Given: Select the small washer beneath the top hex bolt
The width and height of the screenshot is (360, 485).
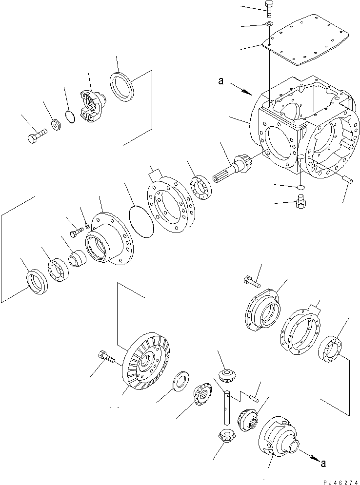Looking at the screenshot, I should coord(269,24).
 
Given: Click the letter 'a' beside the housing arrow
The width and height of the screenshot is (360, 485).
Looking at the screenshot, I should coord(221,82).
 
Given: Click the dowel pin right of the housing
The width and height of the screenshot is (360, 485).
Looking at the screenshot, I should coord(347,179).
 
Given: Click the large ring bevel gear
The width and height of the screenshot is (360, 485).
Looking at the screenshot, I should coord(146,360).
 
